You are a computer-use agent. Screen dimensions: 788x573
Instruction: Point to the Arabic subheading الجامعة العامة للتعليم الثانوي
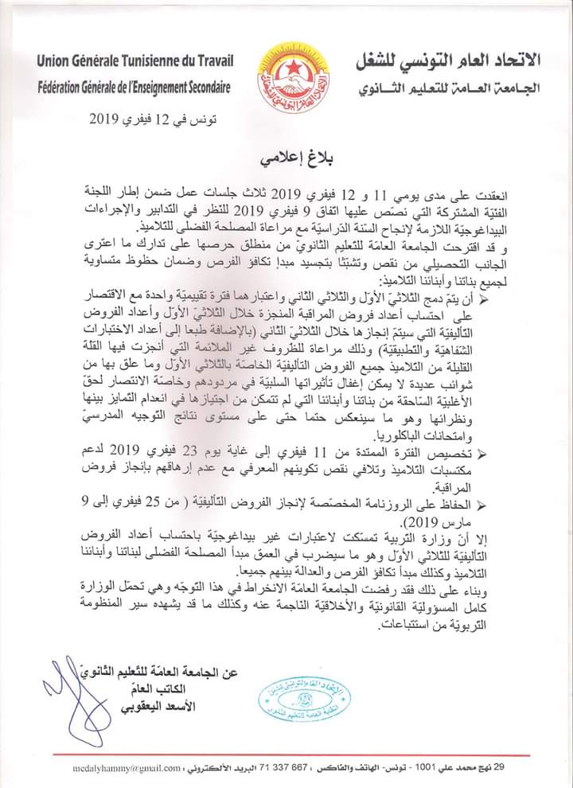(x=447, y=86)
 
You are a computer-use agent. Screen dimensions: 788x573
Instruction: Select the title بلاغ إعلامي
(x=288, y=156)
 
